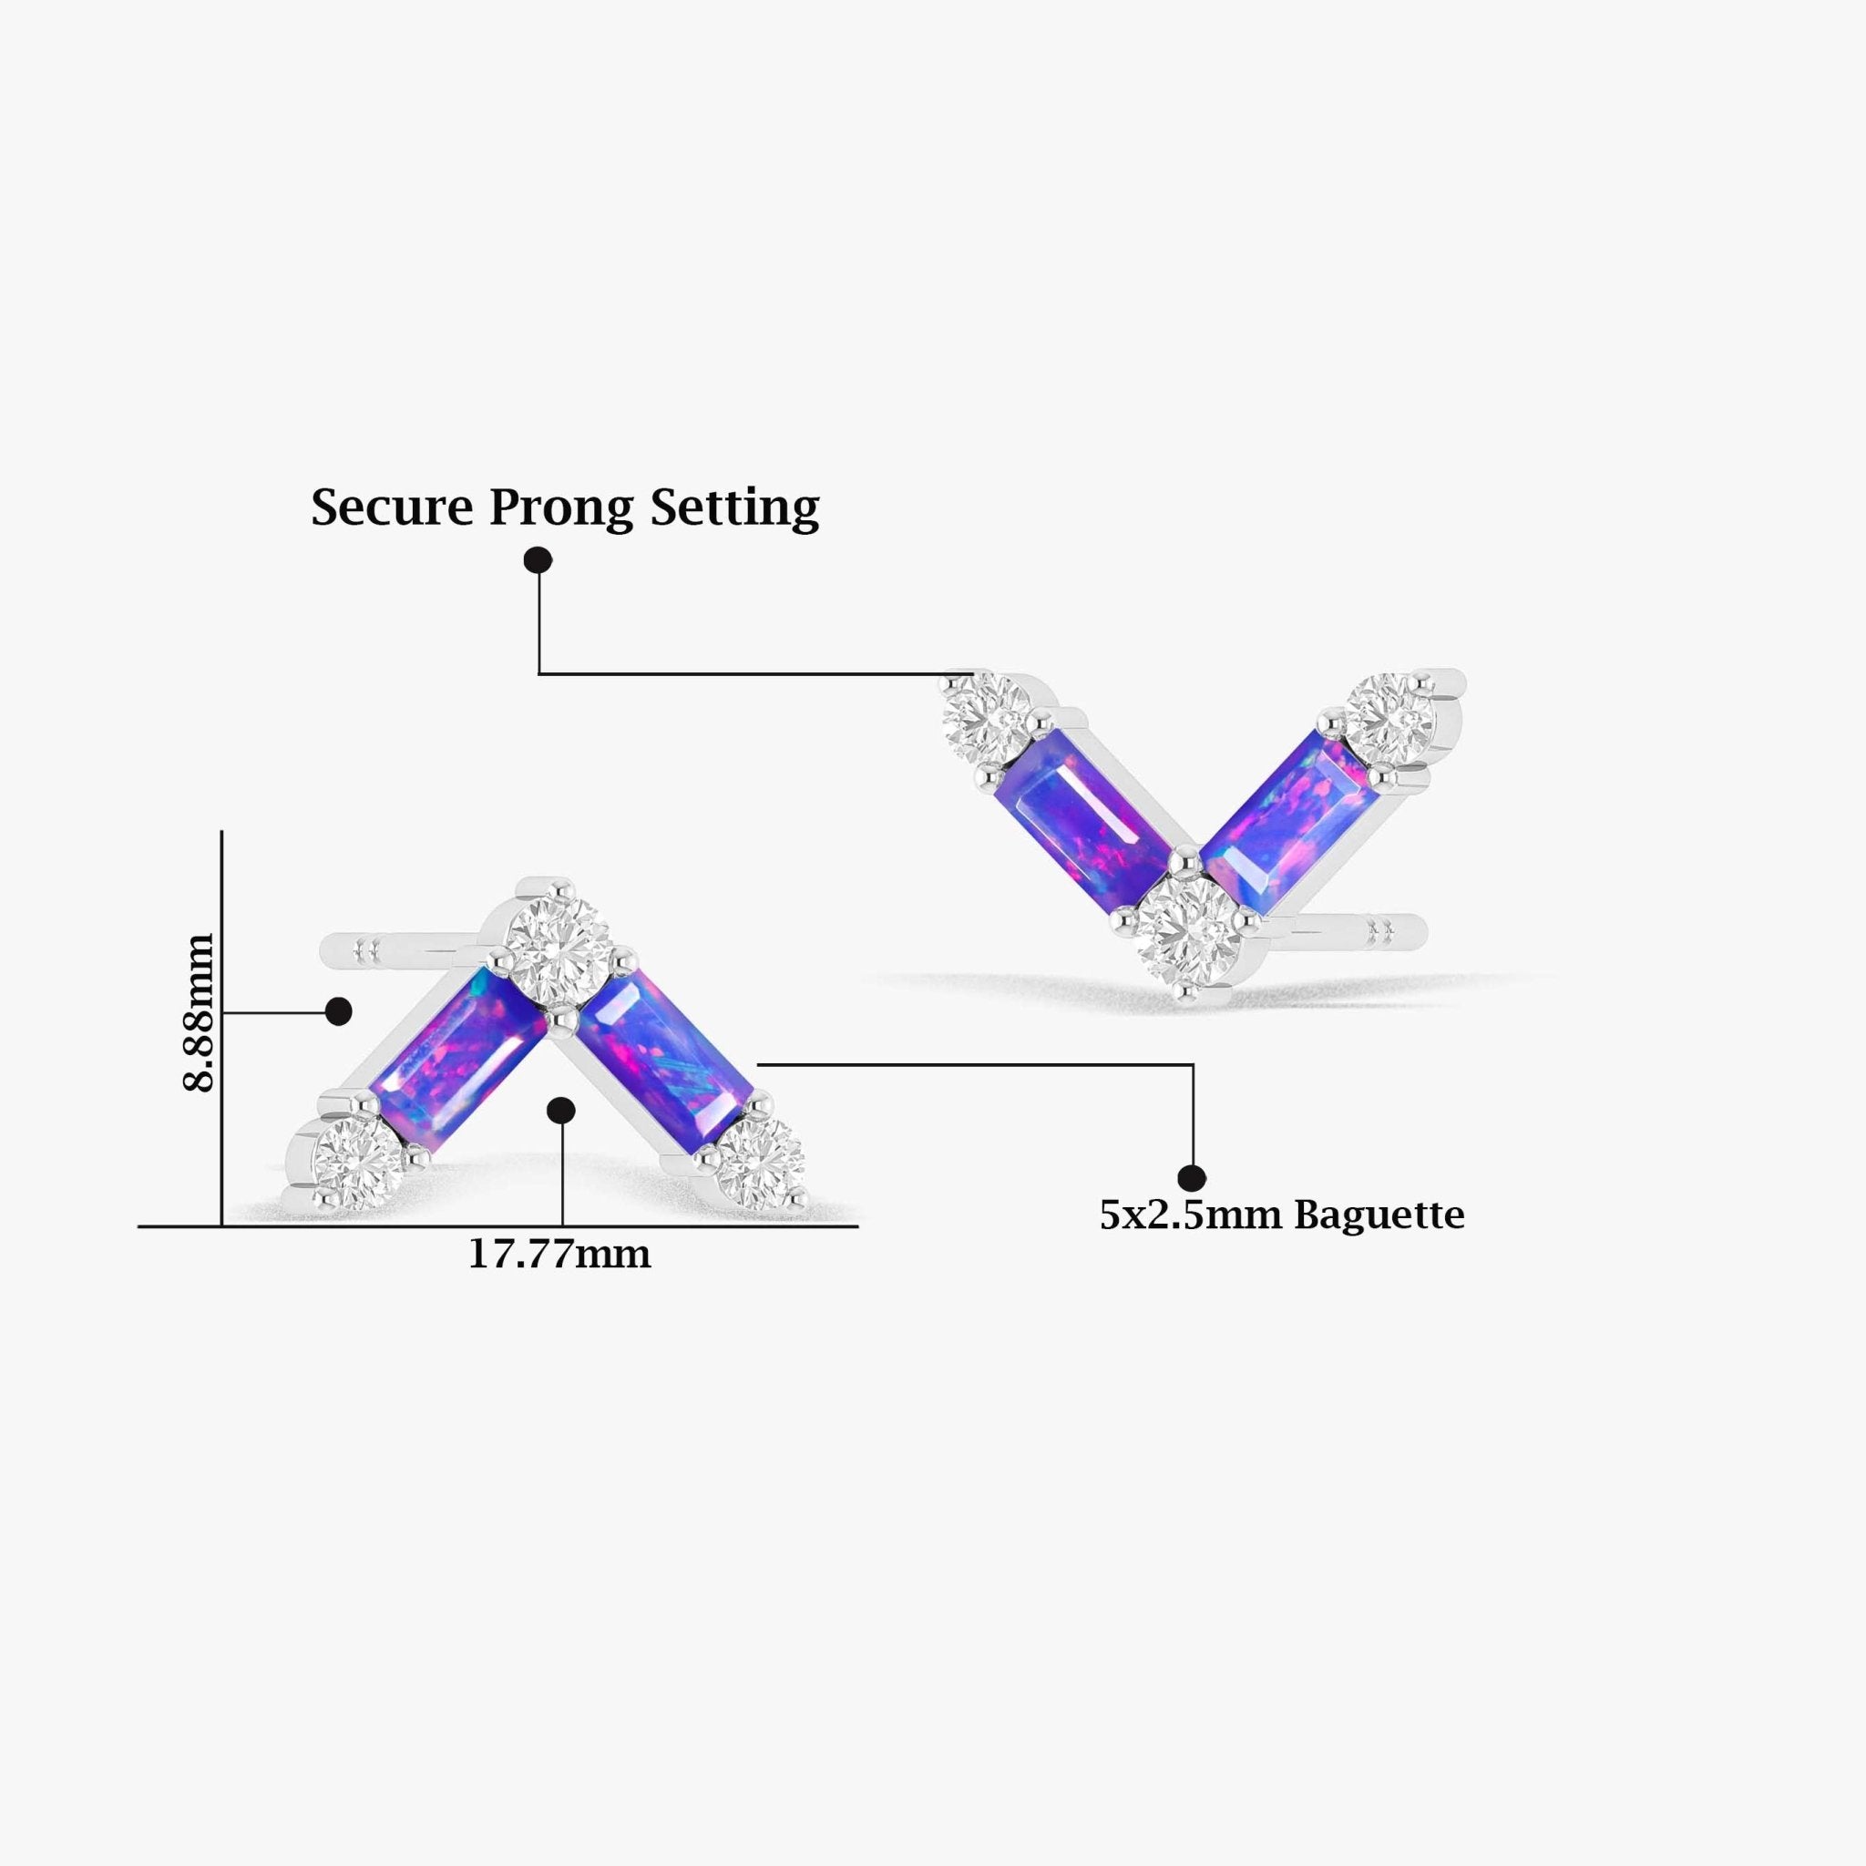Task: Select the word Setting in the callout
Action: pos(734,509)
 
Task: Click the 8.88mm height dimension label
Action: pos(198,1012)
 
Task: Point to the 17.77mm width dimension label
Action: pos(559,1255)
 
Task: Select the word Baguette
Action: pos(1379,1215)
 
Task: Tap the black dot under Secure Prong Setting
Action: pos(538,560)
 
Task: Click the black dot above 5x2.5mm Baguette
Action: pos(1193,1177)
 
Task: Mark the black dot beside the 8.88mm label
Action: pos(338,1012)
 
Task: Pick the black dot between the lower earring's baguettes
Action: pos(561,1111)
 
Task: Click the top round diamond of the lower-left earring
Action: pos(559,939)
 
